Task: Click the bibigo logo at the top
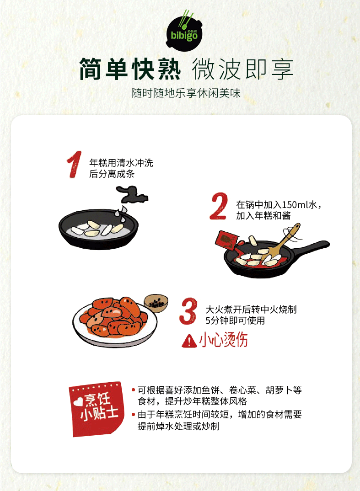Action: click(x=184, y=31)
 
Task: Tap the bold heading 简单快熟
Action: click(x=130, y=69)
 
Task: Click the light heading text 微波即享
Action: click(x=242, y=69)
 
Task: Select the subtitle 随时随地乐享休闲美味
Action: click(x=186, y=93)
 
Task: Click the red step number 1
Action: click(x=74, y=165)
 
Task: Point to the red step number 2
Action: click(x=219, y=206)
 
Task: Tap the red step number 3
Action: click(x=188, y=311)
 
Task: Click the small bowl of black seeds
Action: click(x=156, y=303)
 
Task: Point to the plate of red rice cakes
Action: click(x=115, y=321)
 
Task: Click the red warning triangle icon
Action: click(x=189, y=341)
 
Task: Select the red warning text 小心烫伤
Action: click(x=223, y=340)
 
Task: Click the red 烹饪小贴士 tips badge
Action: click(x=97, y=409)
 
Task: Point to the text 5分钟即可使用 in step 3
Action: click(x=235, y=320)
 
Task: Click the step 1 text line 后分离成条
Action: click(x=112, y=174)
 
